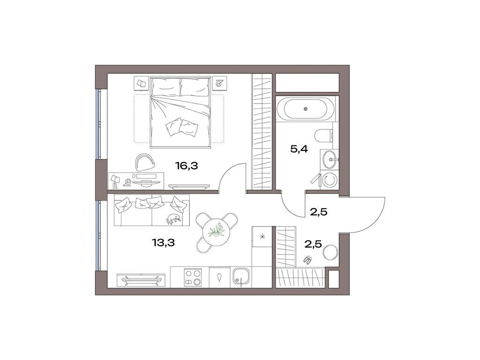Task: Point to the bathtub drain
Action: pos(306,109)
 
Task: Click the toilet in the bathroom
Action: pos(325,136)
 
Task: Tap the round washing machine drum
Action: pos(330,179)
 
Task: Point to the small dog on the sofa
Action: pos(172,218)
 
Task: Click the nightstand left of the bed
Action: pos(141,83)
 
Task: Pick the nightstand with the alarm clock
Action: pos(219,83)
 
